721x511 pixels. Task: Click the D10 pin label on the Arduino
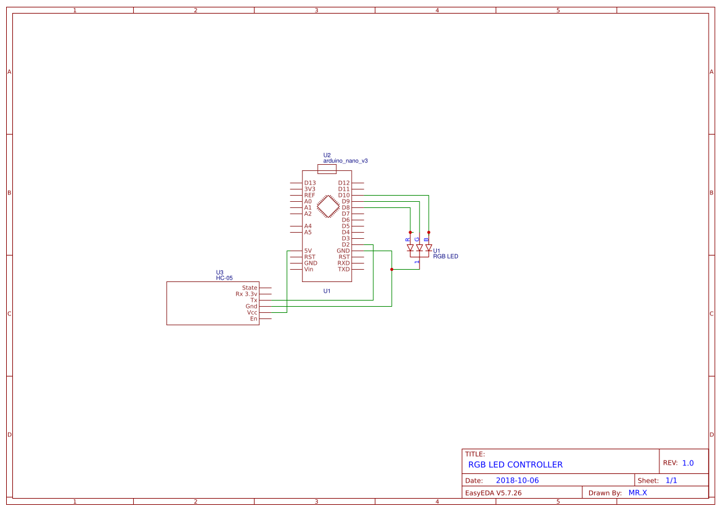pos(344,195)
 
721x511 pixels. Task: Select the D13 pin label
pos(310,183)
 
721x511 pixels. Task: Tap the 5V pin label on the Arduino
pos(308,251)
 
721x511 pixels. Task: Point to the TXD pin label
pos(343,269)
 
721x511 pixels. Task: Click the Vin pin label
pos(309,269)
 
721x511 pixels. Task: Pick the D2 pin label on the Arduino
pos(346,244)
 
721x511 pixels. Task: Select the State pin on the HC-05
pos(250,288)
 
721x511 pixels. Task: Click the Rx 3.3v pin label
pos(246,294)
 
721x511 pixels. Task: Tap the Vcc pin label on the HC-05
pos(252,312)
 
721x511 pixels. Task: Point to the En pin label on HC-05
pos(253,318)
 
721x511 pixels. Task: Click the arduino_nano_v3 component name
pos(345,160)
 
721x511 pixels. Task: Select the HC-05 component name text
pos(224,278)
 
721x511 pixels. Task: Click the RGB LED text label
pos(446,256)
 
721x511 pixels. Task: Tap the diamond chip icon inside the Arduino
pos(328,206)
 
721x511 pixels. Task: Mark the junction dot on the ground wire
pos(391,269)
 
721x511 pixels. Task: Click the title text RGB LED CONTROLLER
pos(515,465)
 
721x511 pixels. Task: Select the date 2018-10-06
pos(517,480)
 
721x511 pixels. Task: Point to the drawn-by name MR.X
pos(637,492)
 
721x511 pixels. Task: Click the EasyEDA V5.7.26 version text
pos(493,493)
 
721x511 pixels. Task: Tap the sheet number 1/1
pos(671,480)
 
